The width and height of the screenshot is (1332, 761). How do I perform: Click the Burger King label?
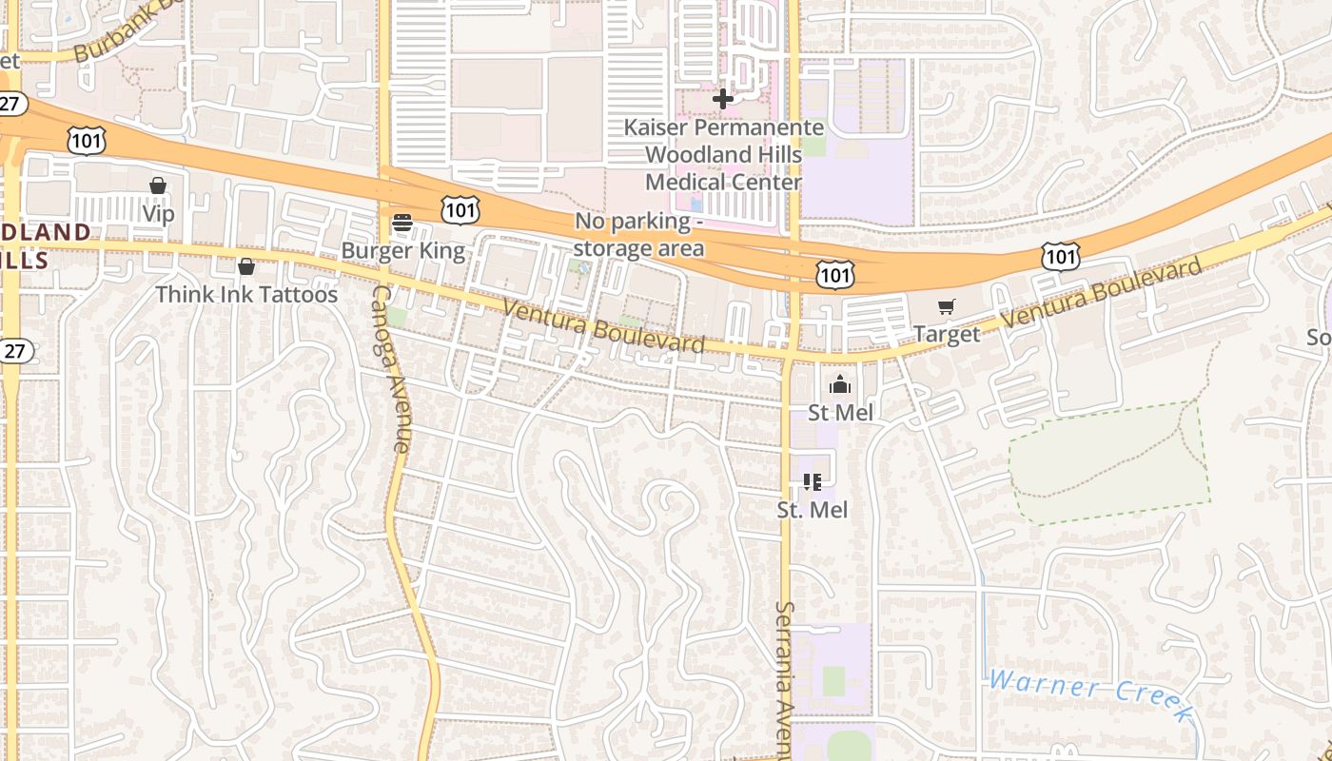[x=402, y=251]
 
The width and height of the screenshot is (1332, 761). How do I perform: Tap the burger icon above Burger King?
[x=402, y=224]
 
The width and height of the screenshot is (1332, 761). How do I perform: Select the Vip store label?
[x=158, y=214]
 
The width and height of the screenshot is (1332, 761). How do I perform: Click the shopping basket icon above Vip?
[x=158, y=186]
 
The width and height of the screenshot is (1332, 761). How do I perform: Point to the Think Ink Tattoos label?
[x=246, y=295]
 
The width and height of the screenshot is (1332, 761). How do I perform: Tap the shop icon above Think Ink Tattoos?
[x=246, y=267]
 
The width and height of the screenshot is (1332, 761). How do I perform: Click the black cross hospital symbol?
[x=723, y=98]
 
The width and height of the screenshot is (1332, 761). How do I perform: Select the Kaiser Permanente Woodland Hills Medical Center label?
[x=723, y=154]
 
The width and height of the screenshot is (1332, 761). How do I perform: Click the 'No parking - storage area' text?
[x=639, y=235]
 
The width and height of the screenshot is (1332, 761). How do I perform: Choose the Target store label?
[x=946, y=334]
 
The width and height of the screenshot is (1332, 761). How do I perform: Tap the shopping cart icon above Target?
[x=946, y=307]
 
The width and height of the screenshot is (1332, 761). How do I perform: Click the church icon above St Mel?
[x=839, y=385]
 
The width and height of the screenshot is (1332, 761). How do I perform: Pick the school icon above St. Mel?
[x=812, y=482]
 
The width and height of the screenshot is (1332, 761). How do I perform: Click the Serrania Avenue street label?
[x=786, y=679]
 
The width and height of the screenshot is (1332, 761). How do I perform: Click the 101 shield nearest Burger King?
[x=460, y=210]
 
